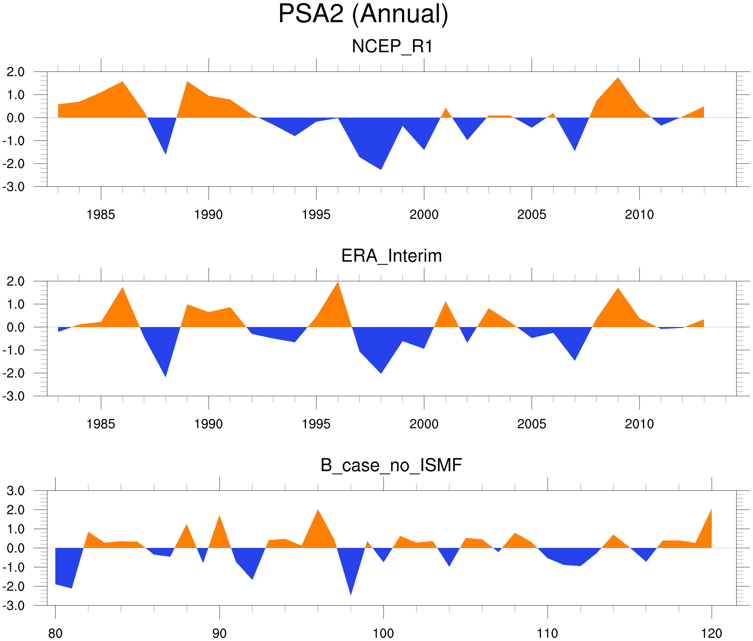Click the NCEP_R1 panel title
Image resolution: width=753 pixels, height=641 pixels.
[x=392, y=47]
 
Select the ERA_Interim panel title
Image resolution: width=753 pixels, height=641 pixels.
[x=391, y=256]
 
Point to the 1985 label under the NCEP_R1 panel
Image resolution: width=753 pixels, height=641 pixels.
[x=101, y=215]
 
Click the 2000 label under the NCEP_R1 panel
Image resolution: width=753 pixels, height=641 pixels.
[x=424, y=215]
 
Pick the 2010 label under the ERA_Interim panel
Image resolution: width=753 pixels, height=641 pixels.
[x=639, y=424]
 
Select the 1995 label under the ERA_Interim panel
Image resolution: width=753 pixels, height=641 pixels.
[x=316, y=424]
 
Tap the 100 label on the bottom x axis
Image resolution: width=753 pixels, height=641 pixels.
[x=383, y=633]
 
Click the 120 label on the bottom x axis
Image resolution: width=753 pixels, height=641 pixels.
[x=711, y=633]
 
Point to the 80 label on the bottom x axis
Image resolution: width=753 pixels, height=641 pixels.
[x=55, y=633]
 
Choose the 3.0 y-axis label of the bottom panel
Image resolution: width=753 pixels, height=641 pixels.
[x=16, y=491]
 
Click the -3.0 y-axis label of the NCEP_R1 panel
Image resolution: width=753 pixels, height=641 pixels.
[x=13, y=187]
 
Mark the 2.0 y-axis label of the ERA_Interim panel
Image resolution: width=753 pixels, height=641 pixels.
[x=16, y=281]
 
